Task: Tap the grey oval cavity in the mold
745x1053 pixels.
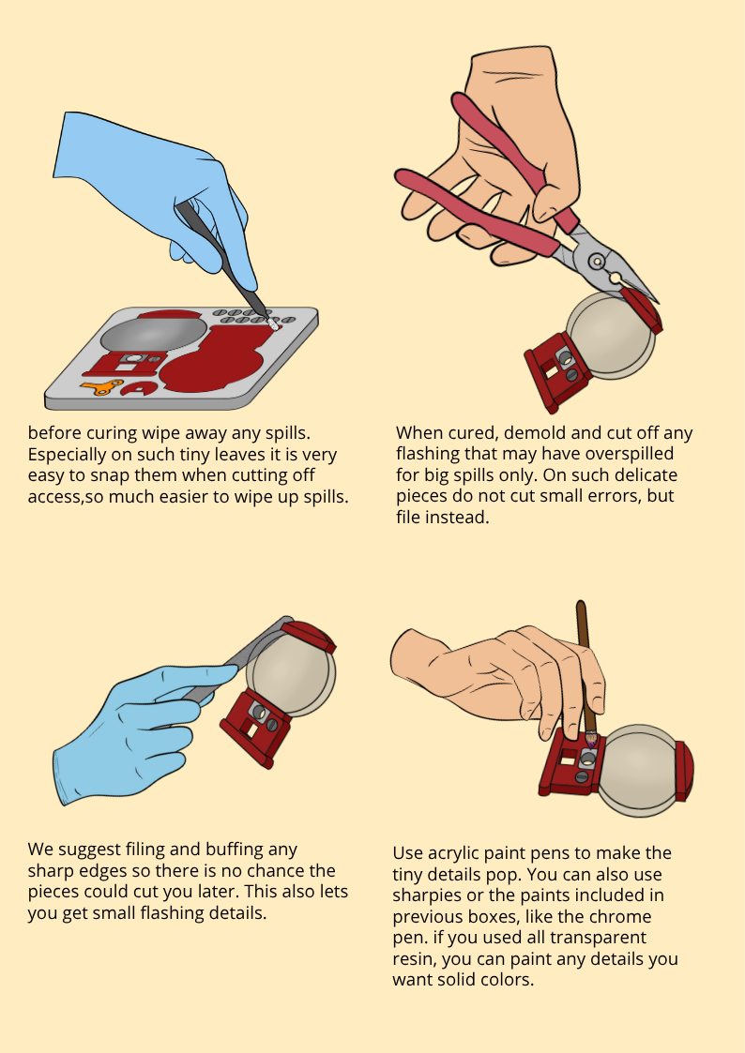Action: [154, 333]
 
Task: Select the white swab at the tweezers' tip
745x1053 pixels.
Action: [273, 323]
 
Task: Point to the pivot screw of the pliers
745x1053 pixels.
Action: [596, 260]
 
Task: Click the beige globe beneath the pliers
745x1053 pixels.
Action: [609, 335]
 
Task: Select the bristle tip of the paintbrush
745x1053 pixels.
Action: [591, 740]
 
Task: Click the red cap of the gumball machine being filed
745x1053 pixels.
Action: [309, 637]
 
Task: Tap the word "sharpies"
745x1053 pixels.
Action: [422, 896]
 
